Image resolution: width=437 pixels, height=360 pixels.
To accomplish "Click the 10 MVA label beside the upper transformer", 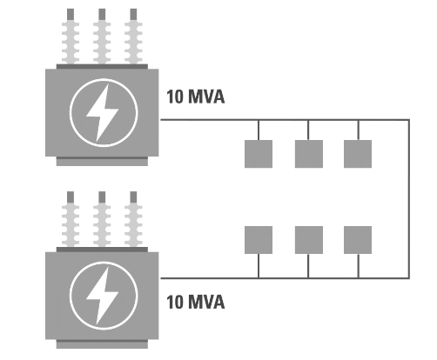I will (195, 97).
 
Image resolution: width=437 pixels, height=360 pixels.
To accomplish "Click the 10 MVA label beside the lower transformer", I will (195, 303).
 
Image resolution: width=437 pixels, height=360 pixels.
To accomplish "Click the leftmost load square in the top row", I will (259, 153).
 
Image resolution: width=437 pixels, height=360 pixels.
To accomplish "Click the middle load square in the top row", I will (308, 153).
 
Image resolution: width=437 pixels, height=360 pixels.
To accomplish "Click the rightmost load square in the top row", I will (358, 153).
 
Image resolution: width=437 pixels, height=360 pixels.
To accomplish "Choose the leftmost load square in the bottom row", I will (259, 239).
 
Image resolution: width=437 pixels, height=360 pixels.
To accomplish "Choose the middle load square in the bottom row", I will (308, 239).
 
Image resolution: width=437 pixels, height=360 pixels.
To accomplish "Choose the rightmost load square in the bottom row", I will (358, 239).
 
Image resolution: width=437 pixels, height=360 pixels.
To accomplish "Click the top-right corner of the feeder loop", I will (408, 120).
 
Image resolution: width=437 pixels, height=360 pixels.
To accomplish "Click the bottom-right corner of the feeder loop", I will (408, 278).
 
